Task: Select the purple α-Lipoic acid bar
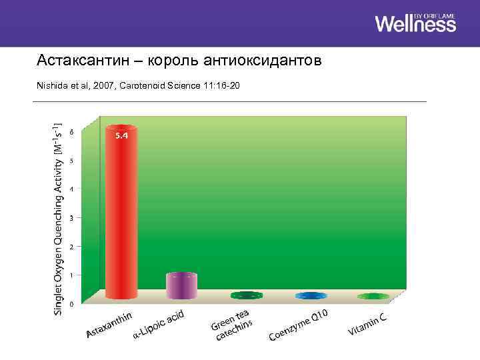click(x=181, y=285)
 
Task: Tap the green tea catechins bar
click(x=247, y=295)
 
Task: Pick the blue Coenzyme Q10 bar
click(x=311, y=295)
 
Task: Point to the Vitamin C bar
click(x=373, y=296)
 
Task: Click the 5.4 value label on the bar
click(x=121, y=135)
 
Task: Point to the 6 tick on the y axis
click(x=71, y=131)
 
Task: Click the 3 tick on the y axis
click(x=71, y=218)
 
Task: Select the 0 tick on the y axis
click(x=71, y=304)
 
